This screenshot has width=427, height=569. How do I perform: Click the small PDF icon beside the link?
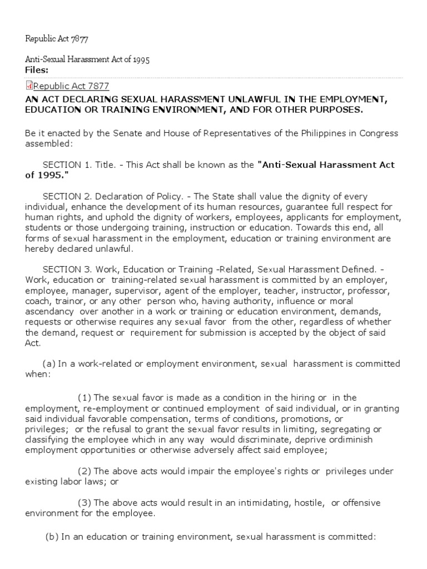29,85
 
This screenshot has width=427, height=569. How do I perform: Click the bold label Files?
37,69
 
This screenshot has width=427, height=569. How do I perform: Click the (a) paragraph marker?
48,363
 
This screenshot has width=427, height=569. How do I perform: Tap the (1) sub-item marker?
84,397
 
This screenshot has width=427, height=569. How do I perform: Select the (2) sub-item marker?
84,471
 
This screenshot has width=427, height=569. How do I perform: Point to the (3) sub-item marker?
84,502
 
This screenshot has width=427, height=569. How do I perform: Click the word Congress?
378,134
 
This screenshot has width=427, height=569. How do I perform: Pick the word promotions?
316,418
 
